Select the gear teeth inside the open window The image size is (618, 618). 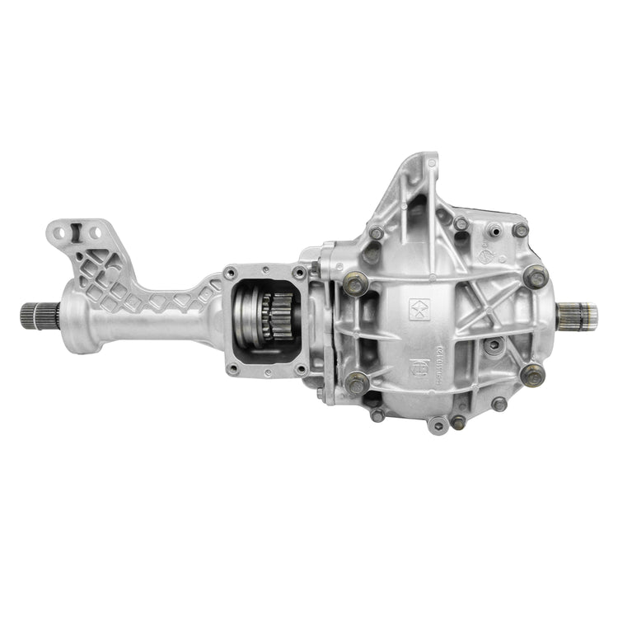268,316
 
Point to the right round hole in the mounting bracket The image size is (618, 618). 96,233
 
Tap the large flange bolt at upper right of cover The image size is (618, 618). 536,277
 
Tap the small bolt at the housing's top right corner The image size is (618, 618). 520,230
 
